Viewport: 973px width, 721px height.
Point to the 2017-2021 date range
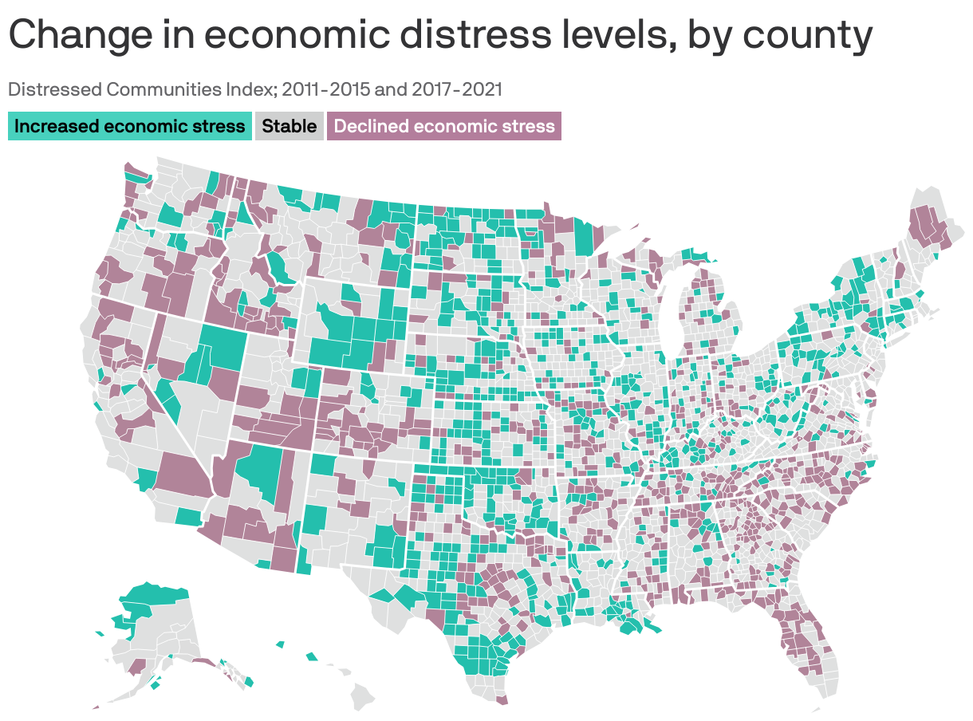[457, 89]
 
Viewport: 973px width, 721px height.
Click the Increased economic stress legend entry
[129, 126]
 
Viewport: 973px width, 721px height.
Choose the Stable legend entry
[289, 126]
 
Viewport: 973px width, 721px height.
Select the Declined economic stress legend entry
[444, 126]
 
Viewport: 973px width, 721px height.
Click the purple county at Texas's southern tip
[502, 700]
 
